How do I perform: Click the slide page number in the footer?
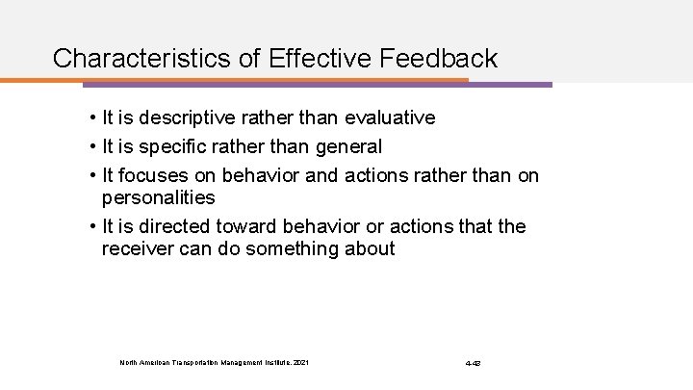click(474, 363)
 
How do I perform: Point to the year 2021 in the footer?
click(303, 363)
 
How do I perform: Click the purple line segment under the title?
click(510, 85)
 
